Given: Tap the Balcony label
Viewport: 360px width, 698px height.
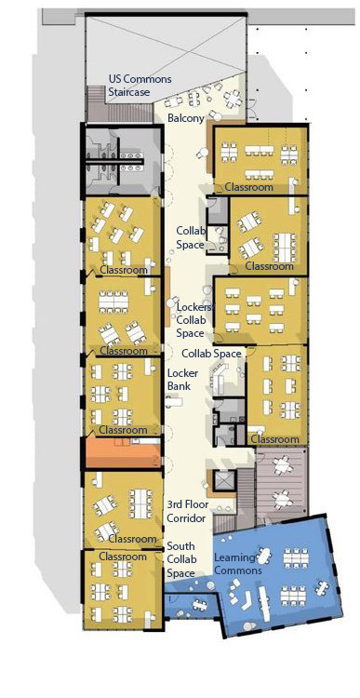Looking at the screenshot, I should click(x=186, y=119).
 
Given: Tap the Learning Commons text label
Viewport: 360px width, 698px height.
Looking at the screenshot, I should click(x=237, y=563).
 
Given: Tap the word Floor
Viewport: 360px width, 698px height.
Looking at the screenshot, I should click(x=196, y=504).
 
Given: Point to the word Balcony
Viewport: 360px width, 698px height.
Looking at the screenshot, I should click(x=186, y=119).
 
